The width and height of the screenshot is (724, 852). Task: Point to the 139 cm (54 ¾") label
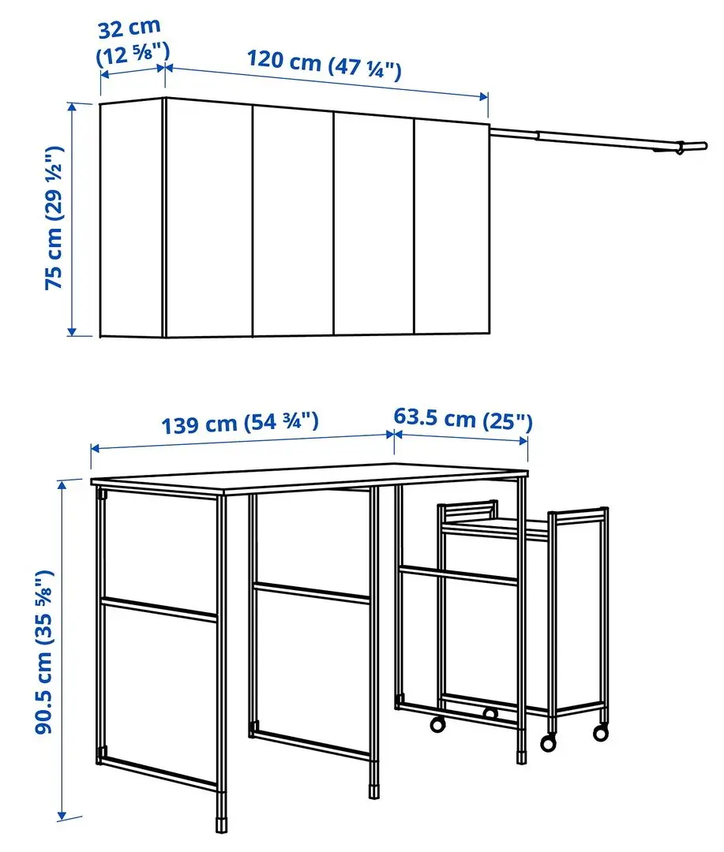point(240,424)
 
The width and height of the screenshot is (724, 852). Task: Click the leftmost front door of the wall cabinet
point(208,218)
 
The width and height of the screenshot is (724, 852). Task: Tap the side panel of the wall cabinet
point(131,219)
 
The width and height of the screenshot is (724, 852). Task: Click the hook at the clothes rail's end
point(678,148)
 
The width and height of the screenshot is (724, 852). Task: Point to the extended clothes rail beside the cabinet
point(592,140)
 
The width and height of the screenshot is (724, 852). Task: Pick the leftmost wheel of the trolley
point(437,724)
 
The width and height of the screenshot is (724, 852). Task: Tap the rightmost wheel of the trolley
point(601,733)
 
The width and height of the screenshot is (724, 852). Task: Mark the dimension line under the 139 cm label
point(241,440)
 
